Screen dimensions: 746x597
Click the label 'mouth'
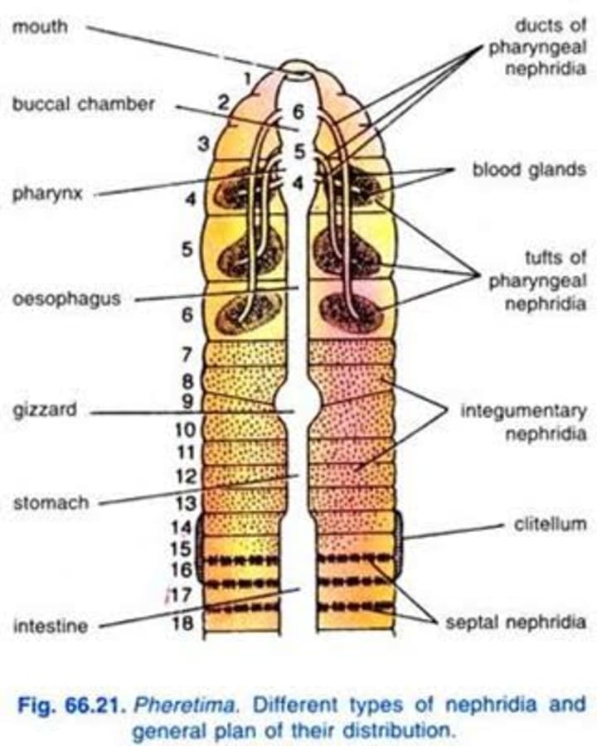[40, 27]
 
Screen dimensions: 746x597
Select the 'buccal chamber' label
[83, 105]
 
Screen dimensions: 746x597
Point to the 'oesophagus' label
[66, 298]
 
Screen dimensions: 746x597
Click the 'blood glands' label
[529, 170]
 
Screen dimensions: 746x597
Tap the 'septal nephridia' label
[516, 622]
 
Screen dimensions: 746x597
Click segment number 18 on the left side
[183, 623]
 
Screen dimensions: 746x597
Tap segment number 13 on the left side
[185, 504]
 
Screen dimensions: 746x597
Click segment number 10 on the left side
[185, 430]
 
